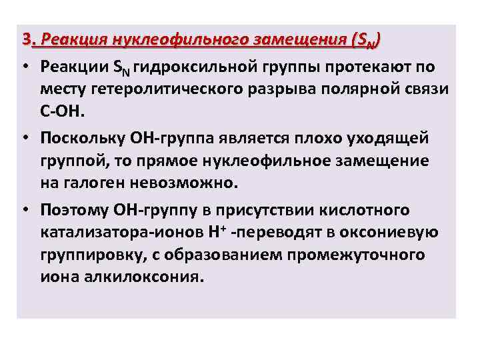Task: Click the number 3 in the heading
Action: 25,39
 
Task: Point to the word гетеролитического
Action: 171,89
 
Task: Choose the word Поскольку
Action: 83,139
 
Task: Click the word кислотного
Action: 365,211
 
